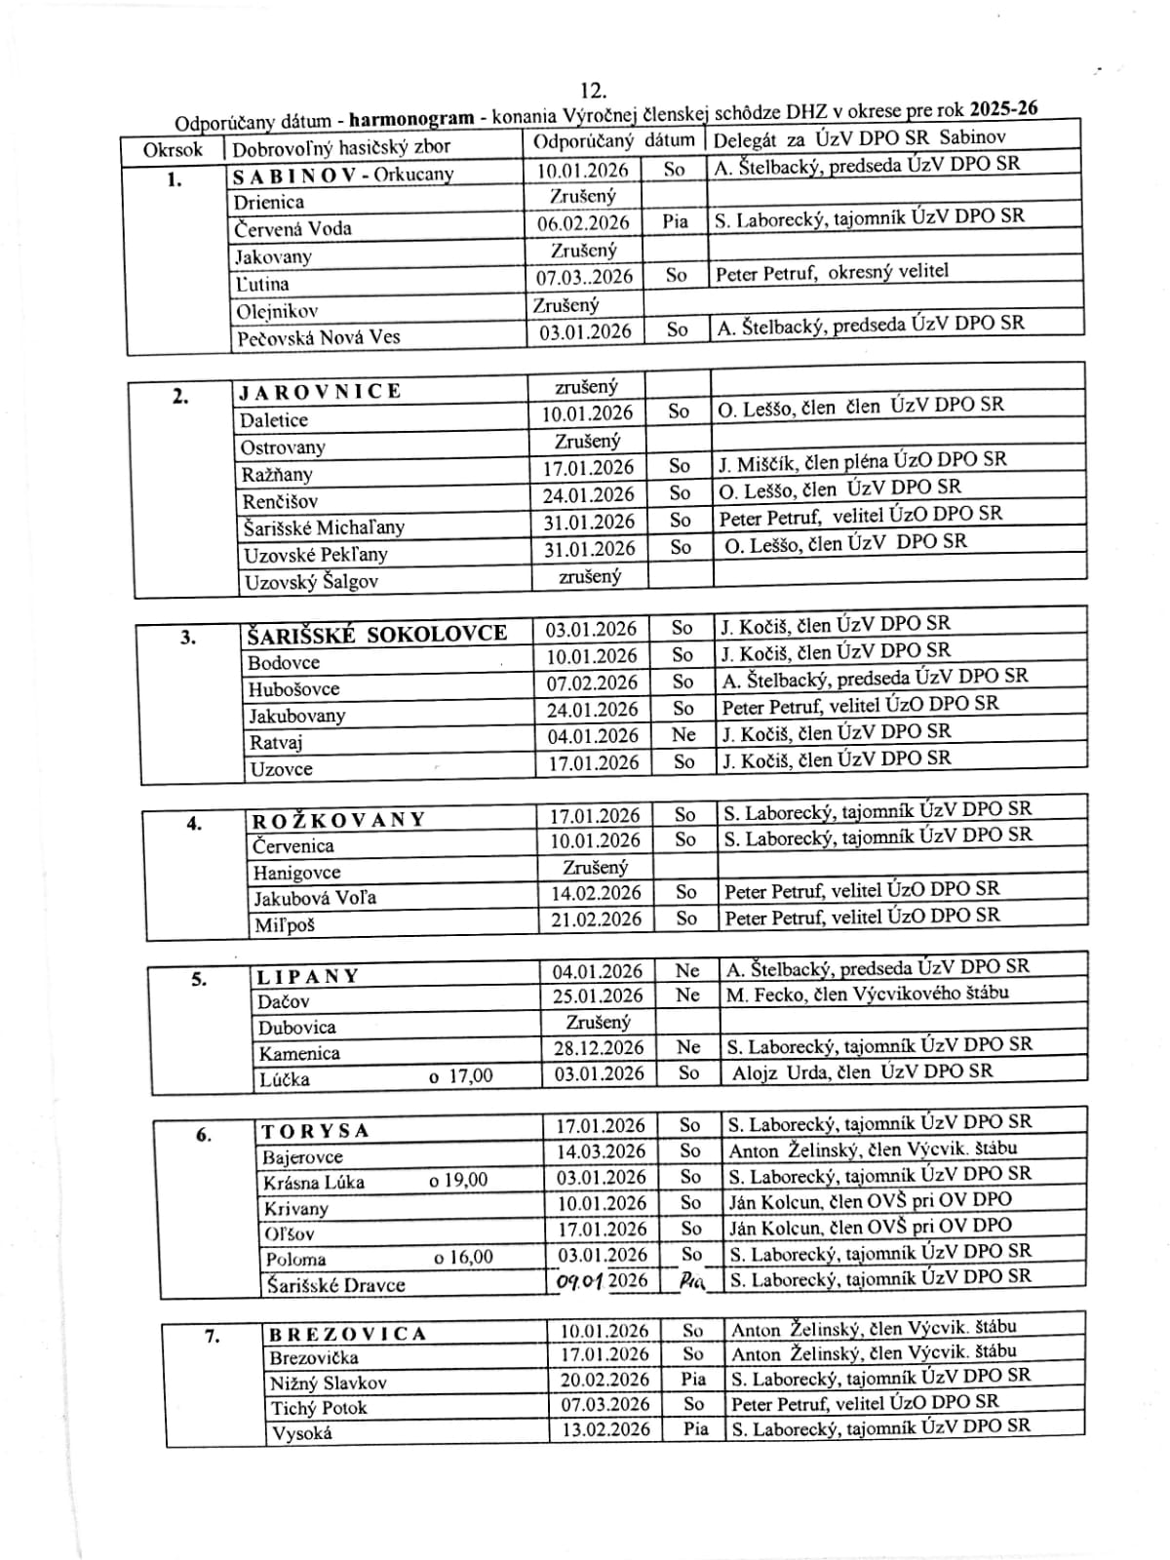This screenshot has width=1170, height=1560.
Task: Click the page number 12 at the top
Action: point(593,92)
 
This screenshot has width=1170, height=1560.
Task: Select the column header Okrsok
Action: point(173,150)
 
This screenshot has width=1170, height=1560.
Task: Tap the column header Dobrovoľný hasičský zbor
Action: point(341,148)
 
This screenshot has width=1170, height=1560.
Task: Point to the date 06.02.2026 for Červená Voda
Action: point(584,222)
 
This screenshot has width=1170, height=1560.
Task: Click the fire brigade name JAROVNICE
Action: point(321,392)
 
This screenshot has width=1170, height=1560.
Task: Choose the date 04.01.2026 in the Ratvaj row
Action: point(593,736)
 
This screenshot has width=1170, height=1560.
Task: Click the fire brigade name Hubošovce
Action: point(293,689)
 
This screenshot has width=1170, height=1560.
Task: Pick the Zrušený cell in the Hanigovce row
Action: point(596,867)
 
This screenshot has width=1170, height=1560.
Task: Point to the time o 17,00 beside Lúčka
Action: point(461,1076)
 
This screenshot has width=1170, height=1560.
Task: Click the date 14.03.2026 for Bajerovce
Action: point(601,1151)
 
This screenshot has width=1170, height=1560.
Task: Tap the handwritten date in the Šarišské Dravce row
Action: point(602,1280)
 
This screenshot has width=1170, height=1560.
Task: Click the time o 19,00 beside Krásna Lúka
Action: point(458,1181)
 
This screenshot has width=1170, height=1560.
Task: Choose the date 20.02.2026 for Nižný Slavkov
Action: point(604,1380)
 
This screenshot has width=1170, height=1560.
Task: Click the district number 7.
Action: point(213,1336)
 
